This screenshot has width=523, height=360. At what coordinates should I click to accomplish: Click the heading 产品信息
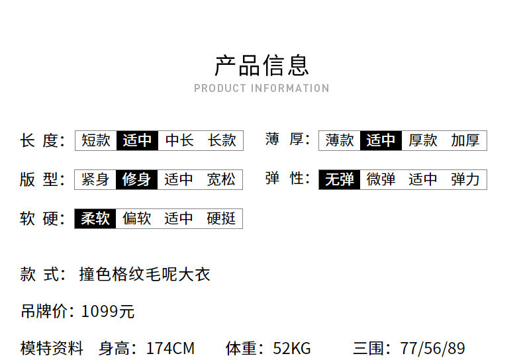[261, 66]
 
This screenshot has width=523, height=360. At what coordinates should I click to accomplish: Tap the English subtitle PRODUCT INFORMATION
[261, 88]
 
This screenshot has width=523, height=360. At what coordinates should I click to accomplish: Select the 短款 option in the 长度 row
[96, 140]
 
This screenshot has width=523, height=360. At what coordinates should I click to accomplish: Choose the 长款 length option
[222, 140]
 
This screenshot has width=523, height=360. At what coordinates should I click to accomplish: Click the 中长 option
[179, 140]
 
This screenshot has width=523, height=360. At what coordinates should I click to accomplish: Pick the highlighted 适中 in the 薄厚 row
[381, 140]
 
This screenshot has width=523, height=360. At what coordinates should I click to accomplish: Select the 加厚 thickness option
[465, 140]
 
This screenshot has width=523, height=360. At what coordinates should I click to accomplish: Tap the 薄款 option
[340, 140]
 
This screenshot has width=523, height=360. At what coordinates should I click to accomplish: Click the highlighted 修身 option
[137, 179]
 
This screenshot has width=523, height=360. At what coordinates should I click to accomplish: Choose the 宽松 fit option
[222, 179]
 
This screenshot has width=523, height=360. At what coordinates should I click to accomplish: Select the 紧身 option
[96, 179]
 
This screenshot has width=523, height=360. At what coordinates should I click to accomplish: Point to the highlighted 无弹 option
[340, 179]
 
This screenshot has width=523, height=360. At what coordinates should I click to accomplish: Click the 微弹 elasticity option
[381, 179]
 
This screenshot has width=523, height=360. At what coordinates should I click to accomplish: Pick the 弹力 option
[465, 179]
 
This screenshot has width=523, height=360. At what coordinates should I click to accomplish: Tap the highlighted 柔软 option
[96, 218]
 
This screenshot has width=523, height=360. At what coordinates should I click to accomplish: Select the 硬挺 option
[222, 218]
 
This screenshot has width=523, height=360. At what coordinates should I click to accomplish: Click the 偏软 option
[137, 218]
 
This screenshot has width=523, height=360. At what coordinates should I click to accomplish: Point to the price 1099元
[108, 312]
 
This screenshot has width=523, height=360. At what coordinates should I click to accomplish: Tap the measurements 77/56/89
[433, 349]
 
